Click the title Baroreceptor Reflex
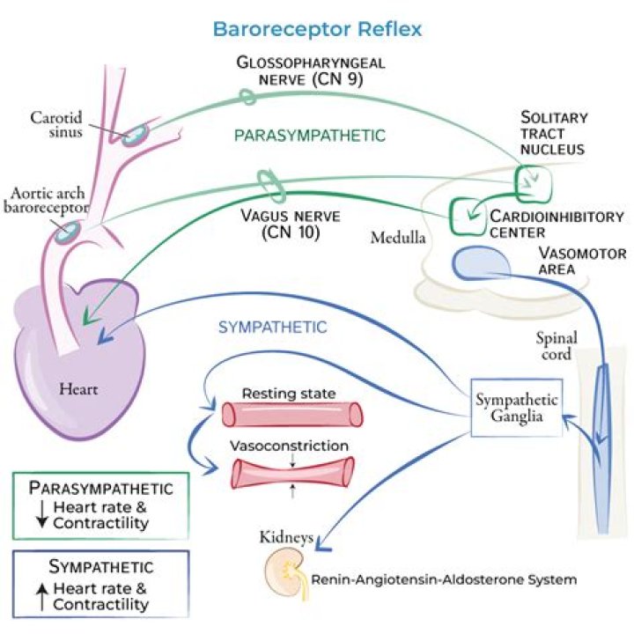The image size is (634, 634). pos(317,28)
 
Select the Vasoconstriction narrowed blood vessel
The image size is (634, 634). pos(291,472)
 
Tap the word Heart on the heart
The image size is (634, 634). pos(78,387)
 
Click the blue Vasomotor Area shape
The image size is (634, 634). pos(482,262)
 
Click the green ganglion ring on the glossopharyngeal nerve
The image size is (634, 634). pos(250,96)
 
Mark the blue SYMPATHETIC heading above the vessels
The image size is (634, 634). pos(273,327)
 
